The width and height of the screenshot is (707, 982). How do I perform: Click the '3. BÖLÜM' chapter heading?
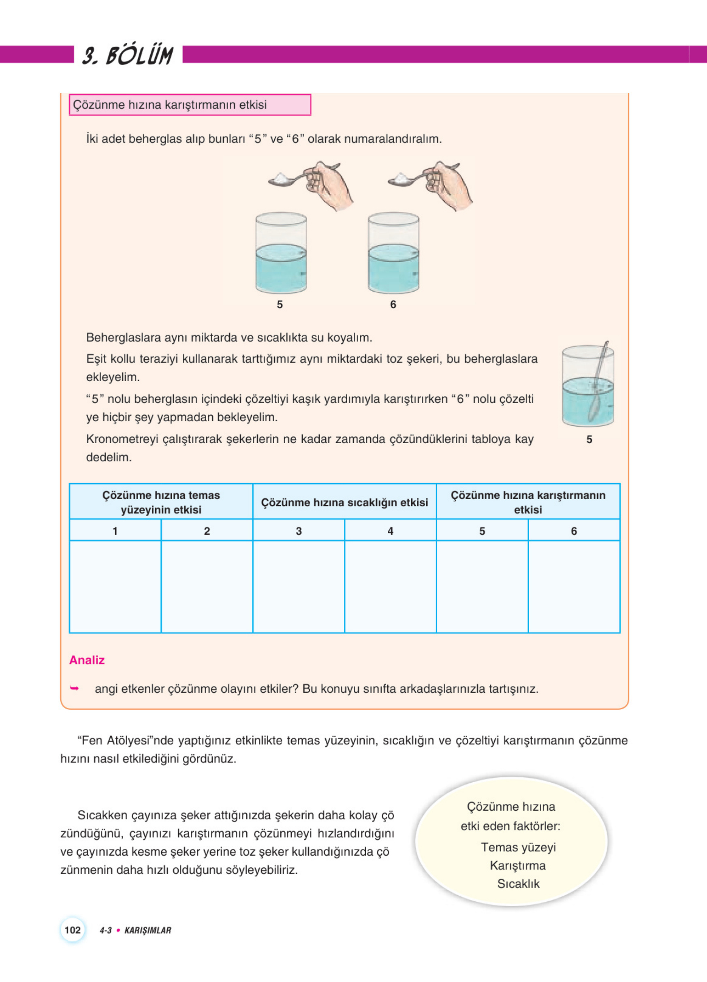point(127,56)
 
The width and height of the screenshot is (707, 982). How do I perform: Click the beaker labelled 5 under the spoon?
point(281,253)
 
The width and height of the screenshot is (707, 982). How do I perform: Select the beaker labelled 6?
point(393,253)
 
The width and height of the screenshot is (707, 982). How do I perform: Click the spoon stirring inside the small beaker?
point(599,381)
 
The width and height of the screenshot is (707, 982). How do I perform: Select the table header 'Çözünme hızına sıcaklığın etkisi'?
point(344,502)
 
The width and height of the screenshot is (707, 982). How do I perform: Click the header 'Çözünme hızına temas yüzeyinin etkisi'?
point(161,502)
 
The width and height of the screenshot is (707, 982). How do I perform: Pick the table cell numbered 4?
point(390,531)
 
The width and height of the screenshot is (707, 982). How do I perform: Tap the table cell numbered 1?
point(115,531)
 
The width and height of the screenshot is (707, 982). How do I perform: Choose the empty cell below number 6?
point(574,587)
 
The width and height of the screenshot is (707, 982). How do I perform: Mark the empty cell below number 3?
point(299,587)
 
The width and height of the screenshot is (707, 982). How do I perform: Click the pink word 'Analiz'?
point(87,660)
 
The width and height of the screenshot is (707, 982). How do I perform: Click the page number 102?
point(72,930)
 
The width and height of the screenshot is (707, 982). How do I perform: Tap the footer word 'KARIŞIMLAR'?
point(147,931)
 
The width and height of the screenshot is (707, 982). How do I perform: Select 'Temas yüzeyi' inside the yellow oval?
point(518,848)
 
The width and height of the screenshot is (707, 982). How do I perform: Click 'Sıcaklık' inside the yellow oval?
point(518,884)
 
